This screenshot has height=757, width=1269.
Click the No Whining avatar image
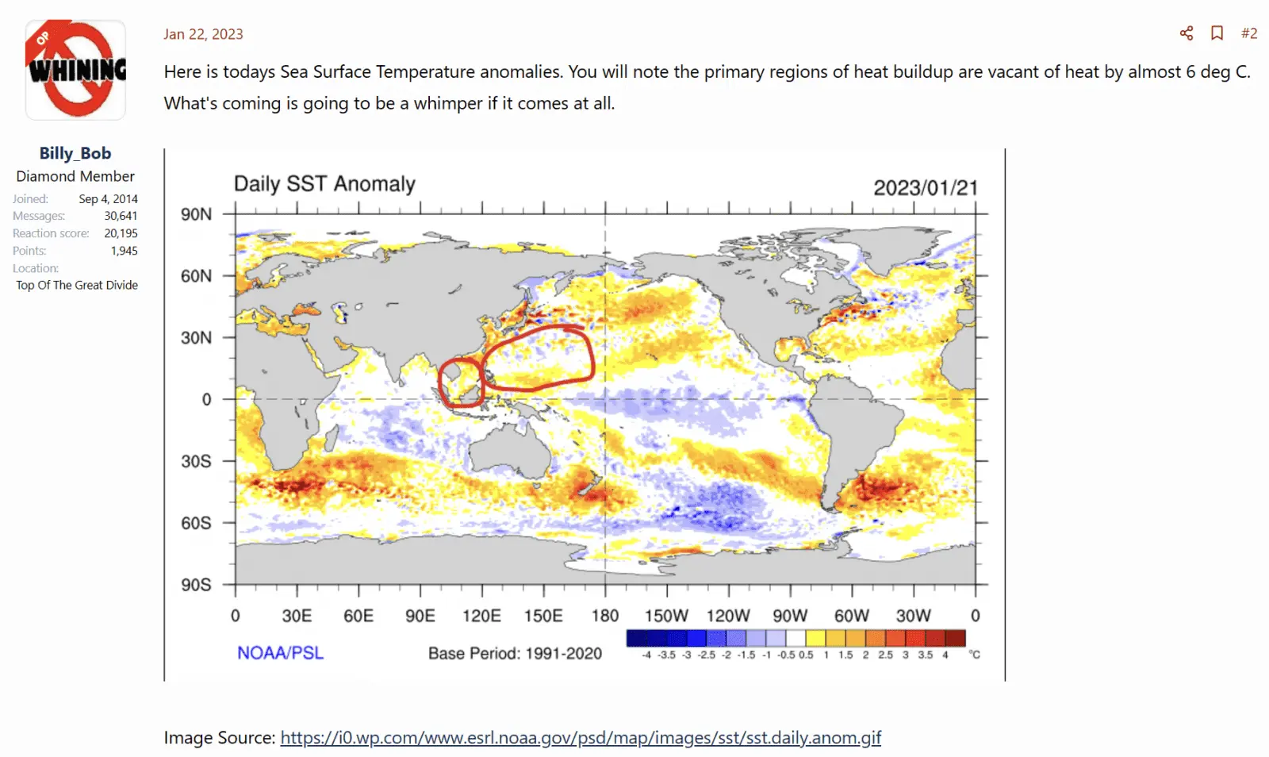(x=75, y=70)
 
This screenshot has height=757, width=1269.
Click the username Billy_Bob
(x=75, y=153)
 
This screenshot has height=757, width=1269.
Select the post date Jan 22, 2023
(x=203, y=34)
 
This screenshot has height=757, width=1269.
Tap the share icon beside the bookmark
(x=1187, y=33)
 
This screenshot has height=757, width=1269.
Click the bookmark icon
(x=1217, y=33)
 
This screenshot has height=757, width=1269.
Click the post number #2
(x=1249, y=33)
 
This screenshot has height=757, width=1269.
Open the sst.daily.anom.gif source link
(x=581, y=737)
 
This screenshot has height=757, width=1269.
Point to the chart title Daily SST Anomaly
(x=324, y=184)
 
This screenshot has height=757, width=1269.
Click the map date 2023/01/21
(x=925, y=188)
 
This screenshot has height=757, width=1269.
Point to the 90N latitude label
(x=196, y=214)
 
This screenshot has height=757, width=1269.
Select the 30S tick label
(x=196, y=461)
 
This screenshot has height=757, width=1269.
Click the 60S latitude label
(x=196, y=523)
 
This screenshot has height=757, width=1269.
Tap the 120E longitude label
(x=481, y=616)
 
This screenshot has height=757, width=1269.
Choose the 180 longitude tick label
(x=605, y=616)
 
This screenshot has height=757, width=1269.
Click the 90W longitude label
(x=790, y=616)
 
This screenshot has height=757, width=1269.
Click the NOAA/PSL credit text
(x=280, y=653)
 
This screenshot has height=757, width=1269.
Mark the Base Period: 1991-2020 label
(x=515, y=653)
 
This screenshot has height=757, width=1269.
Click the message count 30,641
(x=121, y=216)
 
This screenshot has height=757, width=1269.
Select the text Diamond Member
(x=75, y=176)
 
